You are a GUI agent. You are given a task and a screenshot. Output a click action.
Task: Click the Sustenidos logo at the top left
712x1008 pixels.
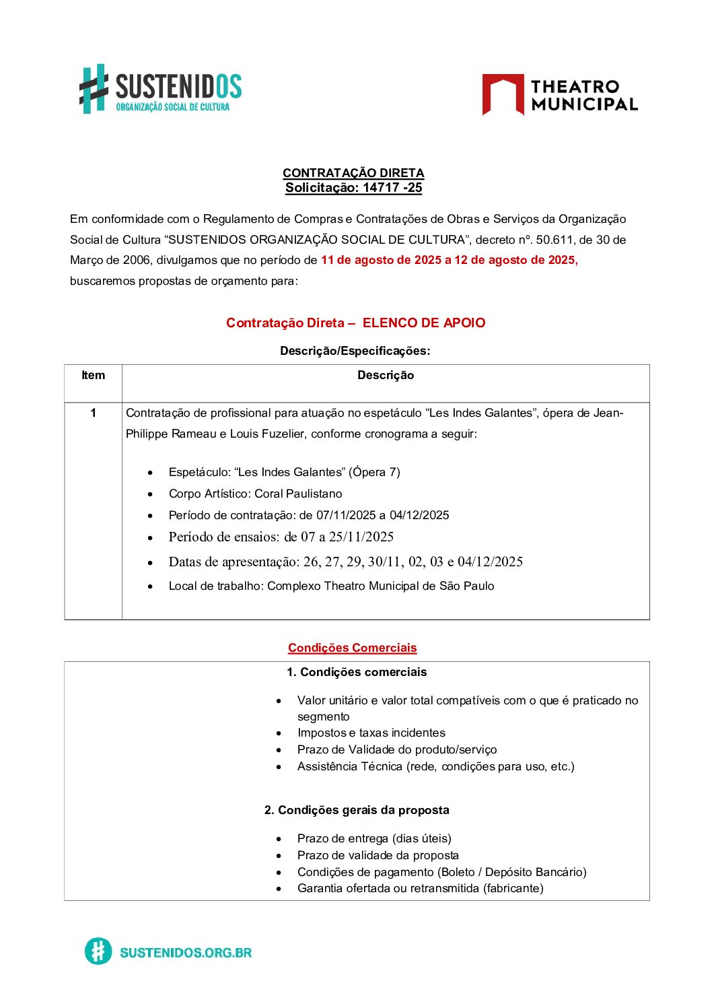[x=160, y=89]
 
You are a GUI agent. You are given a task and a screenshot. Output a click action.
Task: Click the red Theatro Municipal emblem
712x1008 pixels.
[x=503, y=94]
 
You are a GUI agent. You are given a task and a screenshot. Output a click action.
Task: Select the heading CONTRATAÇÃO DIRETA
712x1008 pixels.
[x=353, y=173]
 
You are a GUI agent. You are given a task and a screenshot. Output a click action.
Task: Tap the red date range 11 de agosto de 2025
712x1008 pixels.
[x=381, y=260]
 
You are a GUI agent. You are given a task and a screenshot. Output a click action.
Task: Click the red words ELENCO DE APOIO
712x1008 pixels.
[x=424, y=323]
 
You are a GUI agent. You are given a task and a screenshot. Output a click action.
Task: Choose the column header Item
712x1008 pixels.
[x=93, y=376]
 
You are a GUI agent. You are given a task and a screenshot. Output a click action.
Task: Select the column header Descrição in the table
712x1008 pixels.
[x=386, y=376]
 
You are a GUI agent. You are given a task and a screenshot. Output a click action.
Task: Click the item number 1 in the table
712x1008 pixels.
[x=93, y=413]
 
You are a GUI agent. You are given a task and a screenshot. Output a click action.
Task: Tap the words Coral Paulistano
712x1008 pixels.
[x=298, y=494]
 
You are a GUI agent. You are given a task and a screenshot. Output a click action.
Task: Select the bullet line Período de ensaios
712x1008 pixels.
[x=281, y=537]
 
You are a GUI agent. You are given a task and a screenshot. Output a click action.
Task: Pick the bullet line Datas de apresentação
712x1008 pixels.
[x=345, y=562]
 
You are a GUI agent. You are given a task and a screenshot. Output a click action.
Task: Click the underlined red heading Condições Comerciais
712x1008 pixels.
[x=353, y=648]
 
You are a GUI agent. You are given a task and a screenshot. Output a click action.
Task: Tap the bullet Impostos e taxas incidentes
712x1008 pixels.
[x=371, y=733]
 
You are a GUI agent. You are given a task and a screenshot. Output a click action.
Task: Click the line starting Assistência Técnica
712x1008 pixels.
[x=435, y=766]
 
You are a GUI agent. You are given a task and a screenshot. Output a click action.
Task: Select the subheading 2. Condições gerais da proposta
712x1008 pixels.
[x=357, y=810]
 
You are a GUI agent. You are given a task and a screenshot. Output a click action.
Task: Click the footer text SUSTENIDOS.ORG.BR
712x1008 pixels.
[x=186, y=952]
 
